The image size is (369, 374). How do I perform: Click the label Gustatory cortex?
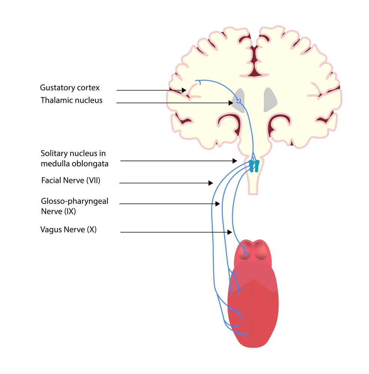[70, 88]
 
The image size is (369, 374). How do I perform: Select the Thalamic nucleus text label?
[71, 100]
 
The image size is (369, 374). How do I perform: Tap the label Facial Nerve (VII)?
[71, 181]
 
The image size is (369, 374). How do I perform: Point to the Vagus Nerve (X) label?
[68, 229]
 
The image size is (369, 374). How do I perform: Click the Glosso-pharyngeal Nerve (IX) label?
[74, 206]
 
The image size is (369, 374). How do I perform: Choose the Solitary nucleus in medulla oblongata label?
[75, 158]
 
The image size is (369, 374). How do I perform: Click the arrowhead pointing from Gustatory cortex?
[184, 90]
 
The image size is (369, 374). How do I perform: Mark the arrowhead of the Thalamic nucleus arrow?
[231, 103]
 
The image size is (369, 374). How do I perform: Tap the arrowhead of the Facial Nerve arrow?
[211, 183]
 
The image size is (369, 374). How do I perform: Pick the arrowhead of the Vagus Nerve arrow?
[230, 232]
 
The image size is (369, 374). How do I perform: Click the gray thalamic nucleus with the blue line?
[238, 99]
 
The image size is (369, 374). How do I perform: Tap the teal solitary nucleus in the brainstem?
[254, 166]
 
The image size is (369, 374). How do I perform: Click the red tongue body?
[253, 307]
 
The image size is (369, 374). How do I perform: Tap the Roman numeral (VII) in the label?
[93, 181]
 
